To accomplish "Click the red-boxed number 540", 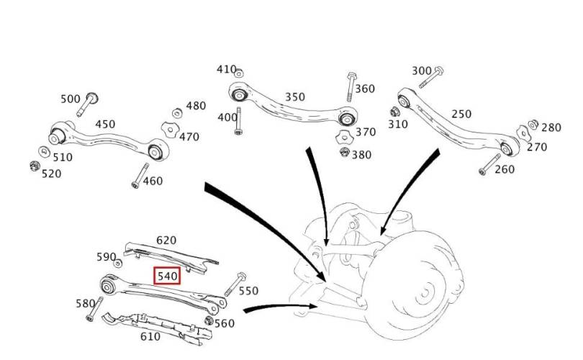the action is tap(167, 276).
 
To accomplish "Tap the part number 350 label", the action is tap(295, 97).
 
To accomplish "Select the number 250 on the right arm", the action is tap(461, 114).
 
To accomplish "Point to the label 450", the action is tap(105, 124).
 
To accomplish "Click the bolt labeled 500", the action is tap(88, 104).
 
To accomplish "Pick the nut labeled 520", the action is tap(35, 166).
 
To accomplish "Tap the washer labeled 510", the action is tap(44, 152).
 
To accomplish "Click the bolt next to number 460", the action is tap(140, 176).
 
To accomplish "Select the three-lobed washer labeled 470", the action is tap(170, 130).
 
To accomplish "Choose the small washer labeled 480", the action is tap(177, 113).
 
